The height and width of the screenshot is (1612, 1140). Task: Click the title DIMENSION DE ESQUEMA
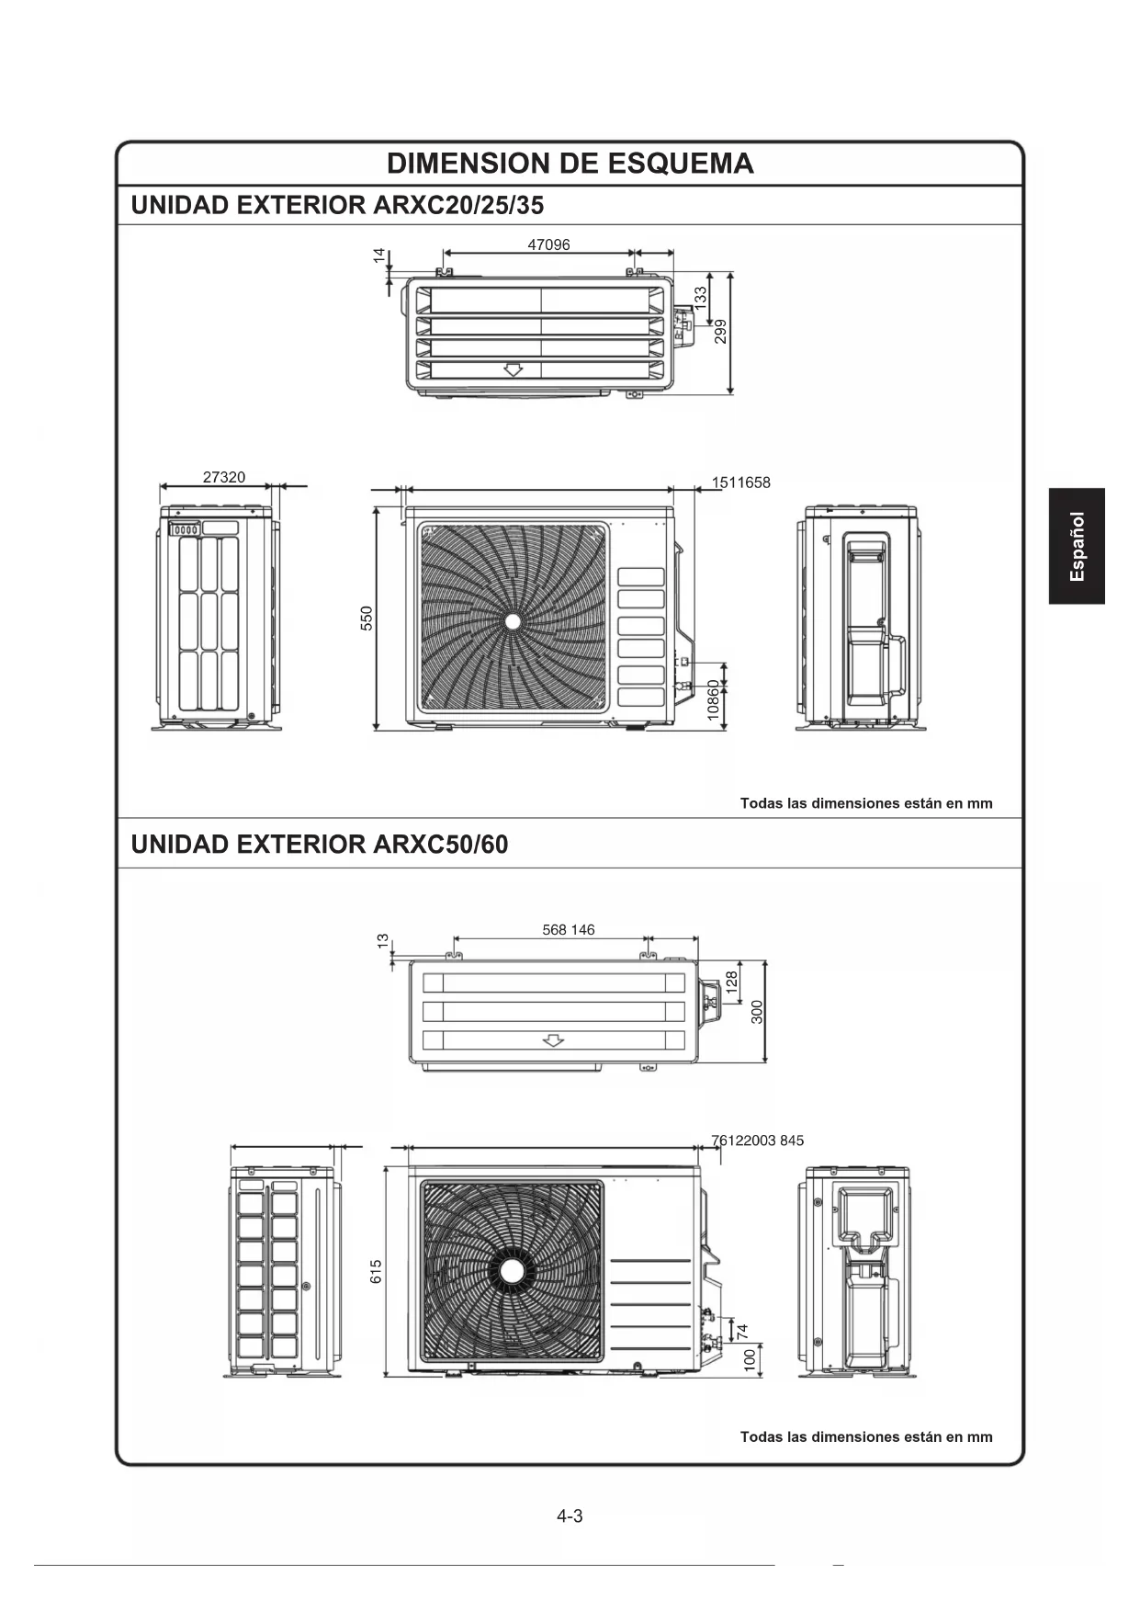(x=570, y=164)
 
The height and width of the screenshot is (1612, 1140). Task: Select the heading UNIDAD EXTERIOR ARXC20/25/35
(x=337, y=205)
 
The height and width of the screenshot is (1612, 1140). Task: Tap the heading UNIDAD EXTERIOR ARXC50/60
(x=320, y=844)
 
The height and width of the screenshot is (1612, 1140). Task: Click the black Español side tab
(x=1077, y=546)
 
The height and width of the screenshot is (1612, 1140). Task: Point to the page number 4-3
(x=570, y=1516)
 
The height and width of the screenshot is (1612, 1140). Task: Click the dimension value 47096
(x=548, y=244)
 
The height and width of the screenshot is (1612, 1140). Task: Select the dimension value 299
(x=721, y=331)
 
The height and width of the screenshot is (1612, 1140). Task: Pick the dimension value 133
(x=701, y=299)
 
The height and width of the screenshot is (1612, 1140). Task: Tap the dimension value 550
(x=367, y=618)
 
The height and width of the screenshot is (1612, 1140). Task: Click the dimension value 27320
(x=224, y=477)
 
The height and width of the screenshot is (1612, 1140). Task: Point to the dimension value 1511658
(x=741, y=482)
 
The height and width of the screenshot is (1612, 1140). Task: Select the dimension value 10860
(x=714, y=700)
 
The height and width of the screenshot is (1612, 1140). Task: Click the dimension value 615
(x=376, y=1272)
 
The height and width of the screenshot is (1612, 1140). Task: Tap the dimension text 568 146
(x=569, y=929)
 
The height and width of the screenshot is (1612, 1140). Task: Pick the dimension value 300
(x=757, y=1012)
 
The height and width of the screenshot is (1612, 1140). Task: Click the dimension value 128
(x=732, y=981)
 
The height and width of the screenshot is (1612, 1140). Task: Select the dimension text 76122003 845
(x=758, y=1141)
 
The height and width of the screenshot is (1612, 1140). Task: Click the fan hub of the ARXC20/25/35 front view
(x=513, y=621)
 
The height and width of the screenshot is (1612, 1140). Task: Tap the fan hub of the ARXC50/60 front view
(x=512, y=1270)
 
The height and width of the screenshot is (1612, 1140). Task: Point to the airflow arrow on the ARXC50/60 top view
(x=552, y=1040)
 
